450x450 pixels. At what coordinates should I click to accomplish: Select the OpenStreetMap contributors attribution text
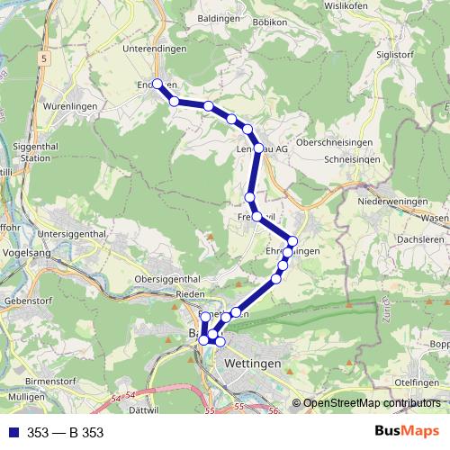(x=371, y=404)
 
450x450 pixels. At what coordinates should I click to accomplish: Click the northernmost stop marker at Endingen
(x=157, y=84)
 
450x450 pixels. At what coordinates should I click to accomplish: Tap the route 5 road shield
(x=42, y=57)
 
